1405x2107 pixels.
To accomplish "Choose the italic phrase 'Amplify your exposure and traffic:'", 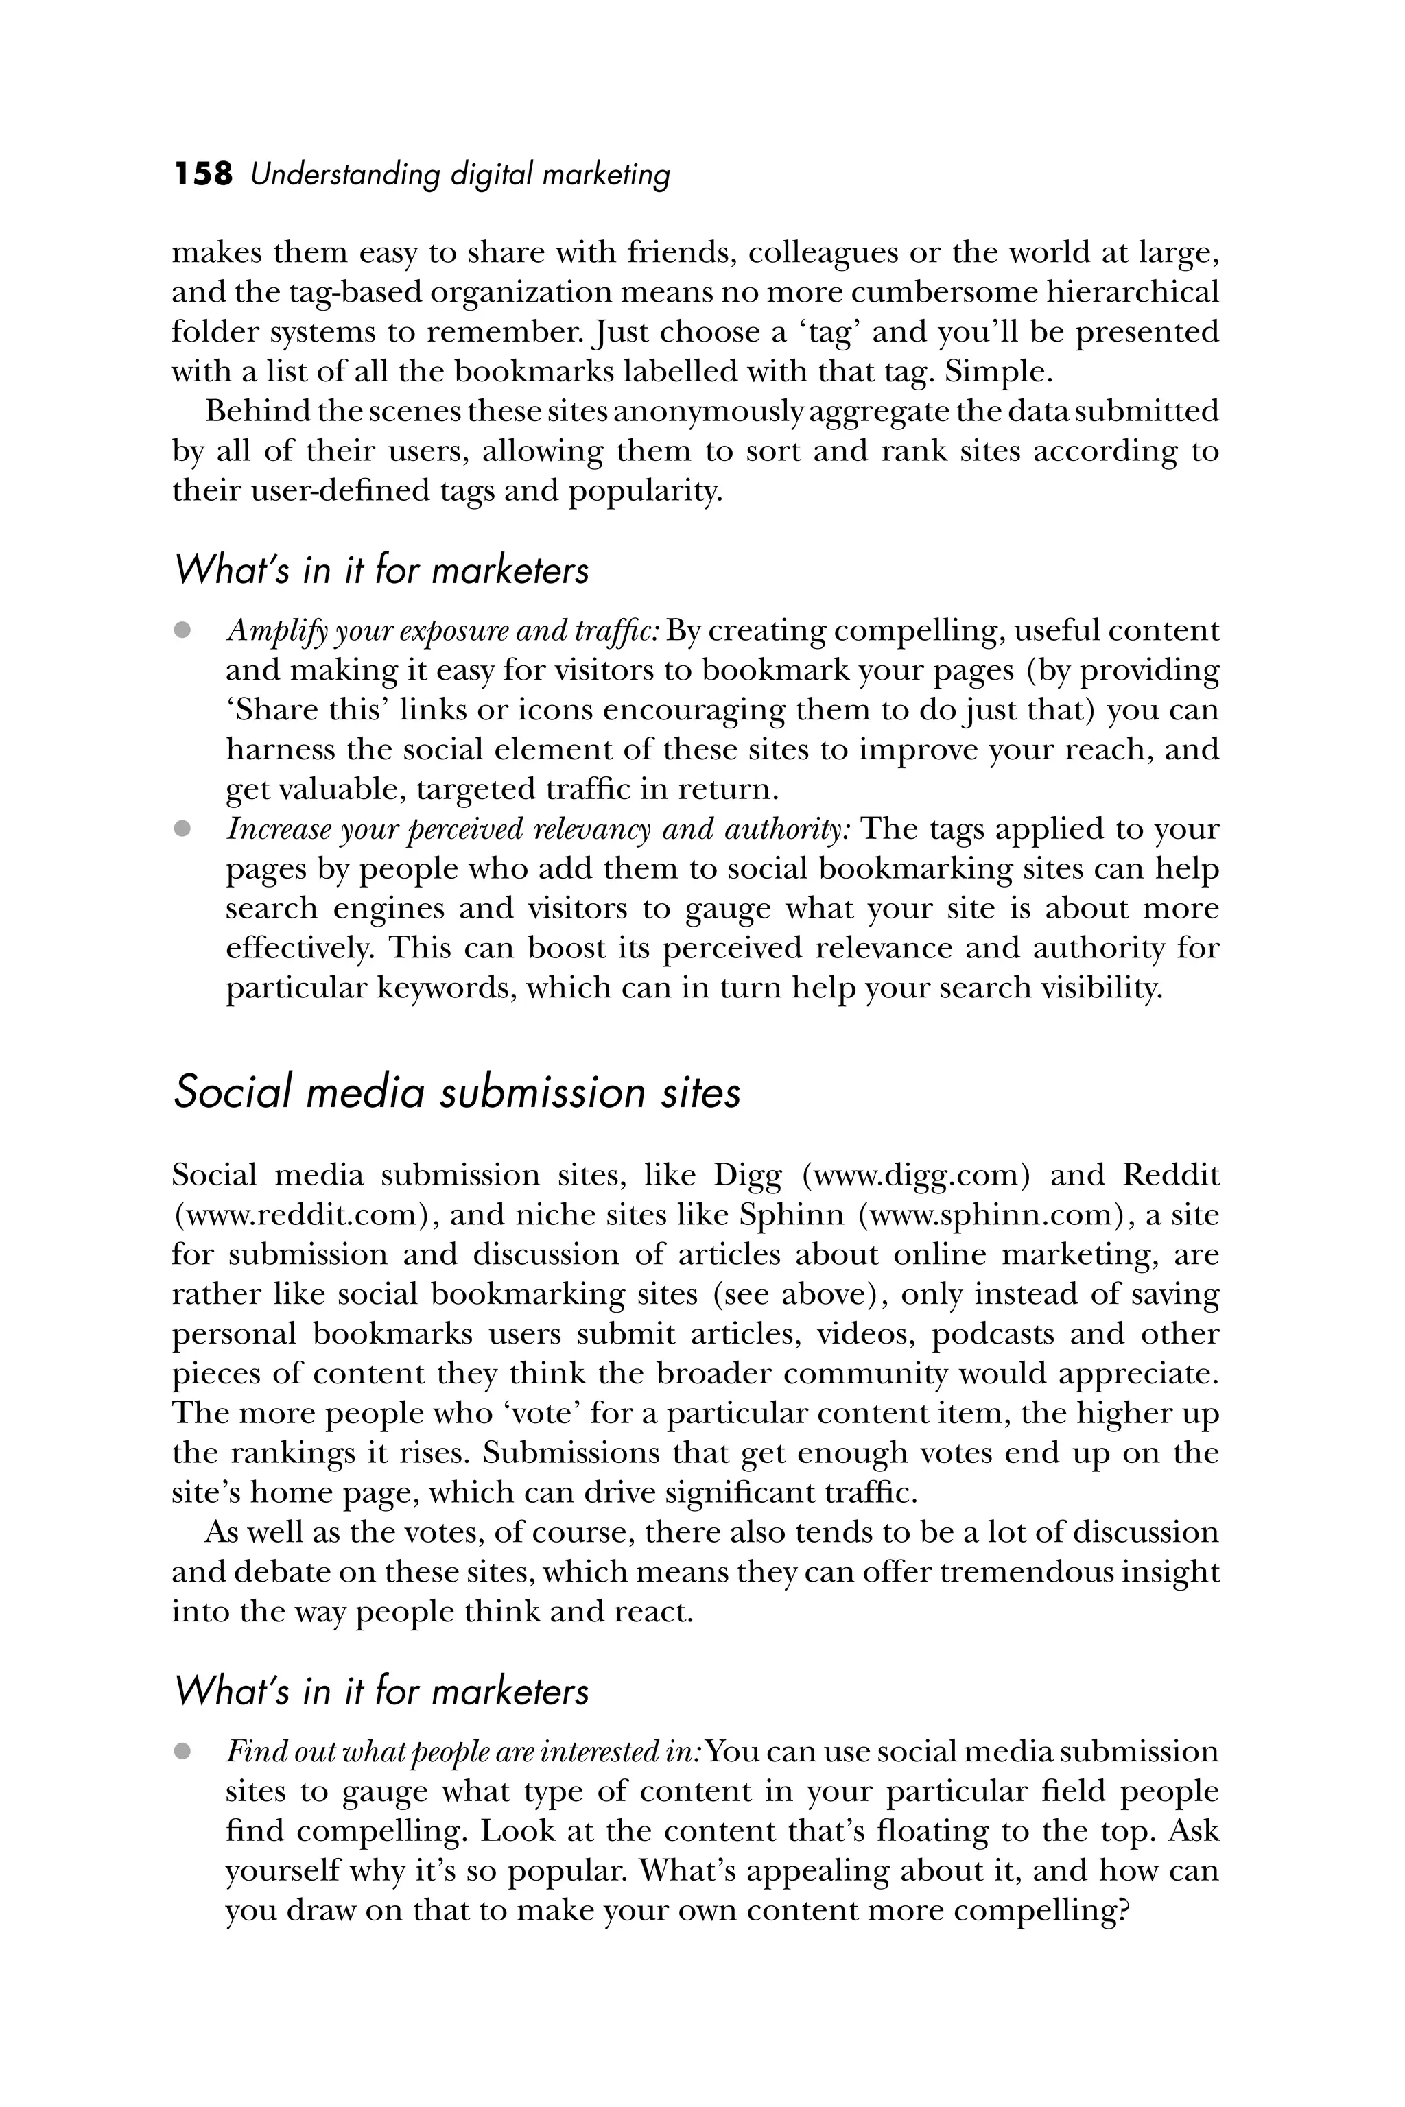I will pyautogui.click(x=442, y=631).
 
